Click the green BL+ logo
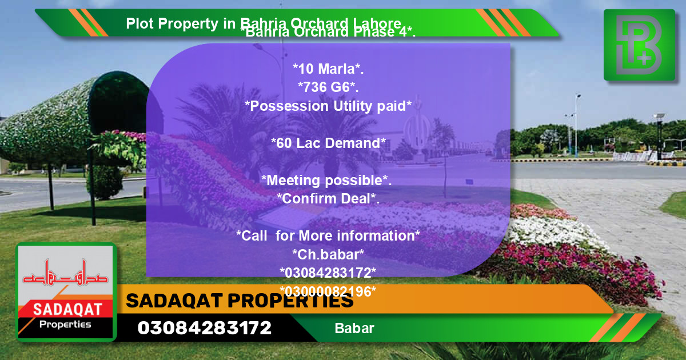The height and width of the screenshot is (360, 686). (639, 45)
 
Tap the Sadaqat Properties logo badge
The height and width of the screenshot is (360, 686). (66, 292)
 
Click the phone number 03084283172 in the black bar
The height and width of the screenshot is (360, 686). (205, 328)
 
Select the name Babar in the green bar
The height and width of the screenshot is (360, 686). (354, 329)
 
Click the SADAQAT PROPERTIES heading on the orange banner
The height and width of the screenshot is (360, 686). (240, 301)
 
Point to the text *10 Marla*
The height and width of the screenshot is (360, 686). (328, 69)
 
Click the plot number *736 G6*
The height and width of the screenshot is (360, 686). (328, 87)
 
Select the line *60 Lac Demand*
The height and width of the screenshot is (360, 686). (328, 143)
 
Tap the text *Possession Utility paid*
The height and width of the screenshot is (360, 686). (328, 106)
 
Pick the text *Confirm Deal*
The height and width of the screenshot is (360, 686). (328, 199)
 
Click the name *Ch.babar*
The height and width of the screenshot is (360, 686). (328, 254)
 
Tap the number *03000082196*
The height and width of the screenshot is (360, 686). (328, 291)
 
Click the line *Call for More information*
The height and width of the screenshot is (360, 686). (328, 235)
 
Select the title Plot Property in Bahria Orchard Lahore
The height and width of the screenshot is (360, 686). (264, 23)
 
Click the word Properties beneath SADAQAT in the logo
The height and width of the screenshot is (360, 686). (65, 325)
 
